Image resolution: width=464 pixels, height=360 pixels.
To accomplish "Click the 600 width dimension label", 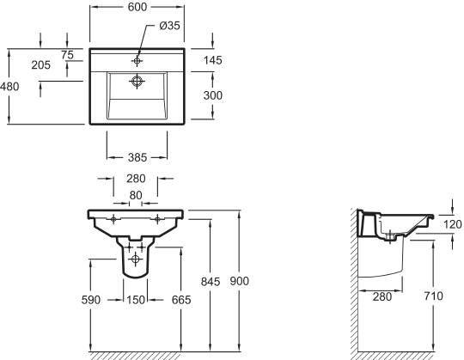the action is point(137,7).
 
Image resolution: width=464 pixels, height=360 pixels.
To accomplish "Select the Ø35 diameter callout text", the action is point(169,26).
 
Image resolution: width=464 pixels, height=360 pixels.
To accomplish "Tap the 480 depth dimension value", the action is point(9,87).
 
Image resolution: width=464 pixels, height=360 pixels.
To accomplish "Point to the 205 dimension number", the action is point(41,64).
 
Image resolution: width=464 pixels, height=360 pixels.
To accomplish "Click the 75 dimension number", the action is point(67,55).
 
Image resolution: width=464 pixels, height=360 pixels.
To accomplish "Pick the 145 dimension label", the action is point(213,60).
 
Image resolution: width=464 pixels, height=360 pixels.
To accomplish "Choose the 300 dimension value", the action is point(213,95).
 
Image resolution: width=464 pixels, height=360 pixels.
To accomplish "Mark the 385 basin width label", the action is point(137,157).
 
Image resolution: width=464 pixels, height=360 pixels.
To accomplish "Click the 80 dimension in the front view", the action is point(136,195).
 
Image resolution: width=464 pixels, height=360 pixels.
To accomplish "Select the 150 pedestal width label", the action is point(136,300).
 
